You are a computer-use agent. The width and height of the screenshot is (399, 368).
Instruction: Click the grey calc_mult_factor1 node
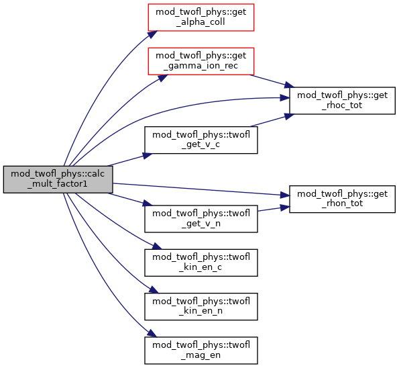pos(58,179)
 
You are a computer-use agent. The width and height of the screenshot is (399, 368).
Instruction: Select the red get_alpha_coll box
pos(201,17)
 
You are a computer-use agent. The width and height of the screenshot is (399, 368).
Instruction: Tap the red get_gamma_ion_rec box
pos(201,61)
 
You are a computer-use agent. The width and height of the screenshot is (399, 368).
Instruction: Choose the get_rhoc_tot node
pos(342,101)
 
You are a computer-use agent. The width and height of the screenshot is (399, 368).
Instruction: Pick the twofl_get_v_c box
pos(201,140)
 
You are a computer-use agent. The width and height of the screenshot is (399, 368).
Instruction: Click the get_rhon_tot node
pos(342,199)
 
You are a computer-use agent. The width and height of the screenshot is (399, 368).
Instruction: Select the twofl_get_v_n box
pos(201,219)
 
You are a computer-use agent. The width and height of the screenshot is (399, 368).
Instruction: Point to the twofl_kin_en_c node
pos(201,263)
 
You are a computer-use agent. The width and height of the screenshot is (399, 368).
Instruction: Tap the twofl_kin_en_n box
pos(201,306)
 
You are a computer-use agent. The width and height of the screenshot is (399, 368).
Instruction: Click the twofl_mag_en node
pos(201,350)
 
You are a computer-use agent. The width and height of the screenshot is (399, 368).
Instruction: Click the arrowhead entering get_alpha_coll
pos(153,34)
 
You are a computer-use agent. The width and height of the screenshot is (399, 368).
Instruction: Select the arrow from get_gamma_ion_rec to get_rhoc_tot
pos(272,81)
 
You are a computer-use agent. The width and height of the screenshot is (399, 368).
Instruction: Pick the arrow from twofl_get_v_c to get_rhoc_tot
pos(272,120)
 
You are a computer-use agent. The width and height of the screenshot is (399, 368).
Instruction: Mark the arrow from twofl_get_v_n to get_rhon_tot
pos(274,209)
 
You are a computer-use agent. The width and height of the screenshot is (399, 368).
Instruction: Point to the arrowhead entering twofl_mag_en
pos(152,333)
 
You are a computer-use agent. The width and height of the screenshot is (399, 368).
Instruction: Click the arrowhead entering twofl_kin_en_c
pos(157,246)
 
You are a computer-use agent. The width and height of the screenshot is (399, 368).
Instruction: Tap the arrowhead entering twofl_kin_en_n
pos(154,289)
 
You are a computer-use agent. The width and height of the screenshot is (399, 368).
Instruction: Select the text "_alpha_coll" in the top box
pos(201,22)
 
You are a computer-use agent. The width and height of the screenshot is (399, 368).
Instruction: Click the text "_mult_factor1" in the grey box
pos(58,184)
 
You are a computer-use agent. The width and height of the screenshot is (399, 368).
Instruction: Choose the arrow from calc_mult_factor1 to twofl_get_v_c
pos(130,160)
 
